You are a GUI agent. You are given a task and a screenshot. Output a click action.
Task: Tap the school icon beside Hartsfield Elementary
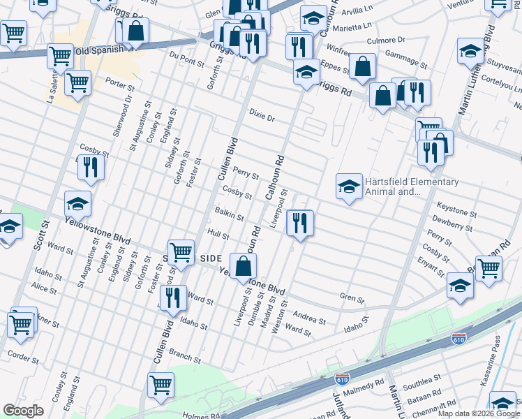coord(349,186)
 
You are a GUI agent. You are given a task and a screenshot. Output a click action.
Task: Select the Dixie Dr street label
coord(262,115)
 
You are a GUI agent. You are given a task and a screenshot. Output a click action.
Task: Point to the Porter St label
coord(119,85)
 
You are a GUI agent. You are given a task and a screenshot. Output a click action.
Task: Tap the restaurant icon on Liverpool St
coord(300,223)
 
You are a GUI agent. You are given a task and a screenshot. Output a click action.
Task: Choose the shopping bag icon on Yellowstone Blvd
coord(243,267)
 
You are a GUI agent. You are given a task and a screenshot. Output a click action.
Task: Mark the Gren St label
coord(352,299)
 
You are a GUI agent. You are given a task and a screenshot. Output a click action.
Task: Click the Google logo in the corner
coord(23,411)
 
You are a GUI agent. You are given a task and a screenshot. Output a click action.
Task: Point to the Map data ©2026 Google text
coord(478,413)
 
